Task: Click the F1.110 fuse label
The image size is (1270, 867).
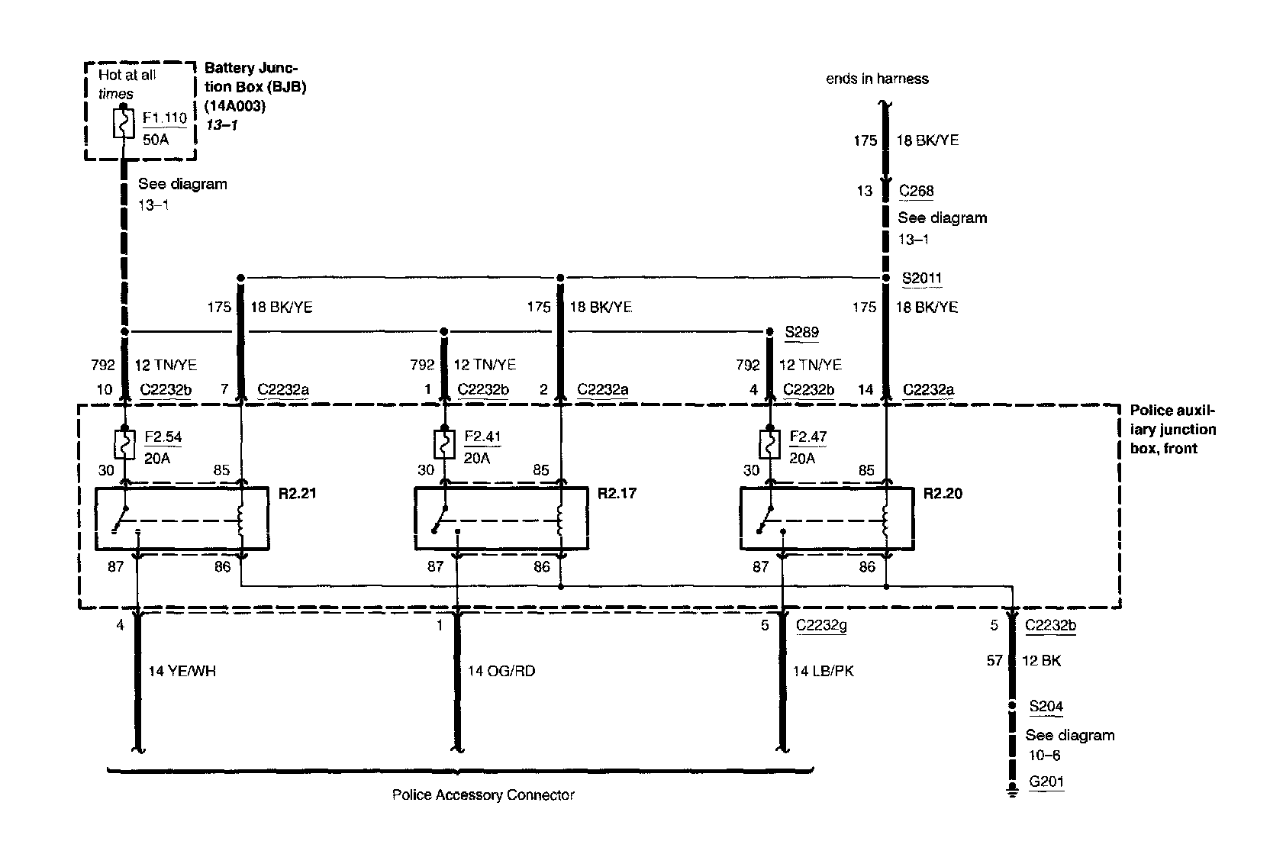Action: tap(164, 118)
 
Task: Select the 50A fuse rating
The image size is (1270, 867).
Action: tap(155, 140)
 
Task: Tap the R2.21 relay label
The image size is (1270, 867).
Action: tap(297, 493)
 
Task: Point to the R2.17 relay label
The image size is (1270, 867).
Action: tap(617, 493)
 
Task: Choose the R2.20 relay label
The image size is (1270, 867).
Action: tap(943, 493)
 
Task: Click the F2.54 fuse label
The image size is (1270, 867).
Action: tap(163, 437)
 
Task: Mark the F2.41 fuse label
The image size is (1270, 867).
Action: tap(482, 437)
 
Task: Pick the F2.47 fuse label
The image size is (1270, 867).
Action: tap(808, 437)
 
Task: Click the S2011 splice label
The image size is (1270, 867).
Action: tap(921, 279)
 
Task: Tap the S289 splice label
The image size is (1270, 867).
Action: tap(801, 332)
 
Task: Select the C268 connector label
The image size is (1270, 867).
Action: tap(916, 191)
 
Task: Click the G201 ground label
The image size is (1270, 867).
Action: tap(1046, 782)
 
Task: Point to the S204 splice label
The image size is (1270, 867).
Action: tap(1046, 707)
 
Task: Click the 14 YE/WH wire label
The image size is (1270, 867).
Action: tap(182, 672)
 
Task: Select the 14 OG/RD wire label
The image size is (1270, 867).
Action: tap(501, 672)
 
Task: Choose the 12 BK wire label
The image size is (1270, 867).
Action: tap(1041, 661)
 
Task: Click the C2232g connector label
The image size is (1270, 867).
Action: tap(821, 626)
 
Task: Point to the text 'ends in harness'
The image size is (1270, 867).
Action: tap(877, 79)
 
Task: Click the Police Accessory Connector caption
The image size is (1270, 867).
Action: tap(483, 795)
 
